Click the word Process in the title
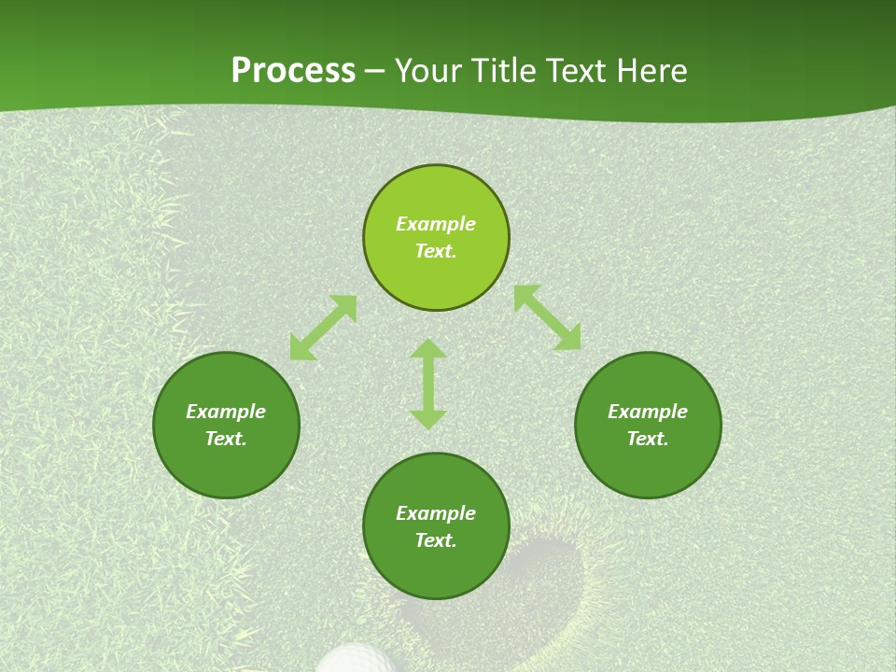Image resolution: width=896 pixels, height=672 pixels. pyautogui.click(x=293, y=71)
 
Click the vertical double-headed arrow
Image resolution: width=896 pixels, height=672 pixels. pyautogui.click(x=428, y=384)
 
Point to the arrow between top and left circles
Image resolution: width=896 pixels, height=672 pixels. pyautogui.click(x=323, y=328)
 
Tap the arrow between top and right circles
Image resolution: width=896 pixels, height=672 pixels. pyautogui.click(x=547, y=317)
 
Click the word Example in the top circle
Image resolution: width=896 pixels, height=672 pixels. pyautogui.click(x=436, y=224)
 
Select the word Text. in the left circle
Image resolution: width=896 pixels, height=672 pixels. pyautogui.click(x=226, y=439)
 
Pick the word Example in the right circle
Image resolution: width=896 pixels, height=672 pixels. pyautogui.click(x=648, y=412)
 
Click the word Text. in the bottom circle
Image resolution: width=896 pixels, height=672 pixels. pyautogui.click(x=436, y=540)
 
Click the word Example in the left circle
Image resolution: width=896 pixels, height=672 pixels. pyautogui.click(x=226, y=412)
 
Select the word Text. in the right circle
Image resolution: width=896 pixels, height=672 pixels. pyautogui.click(x=648, y=439)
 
